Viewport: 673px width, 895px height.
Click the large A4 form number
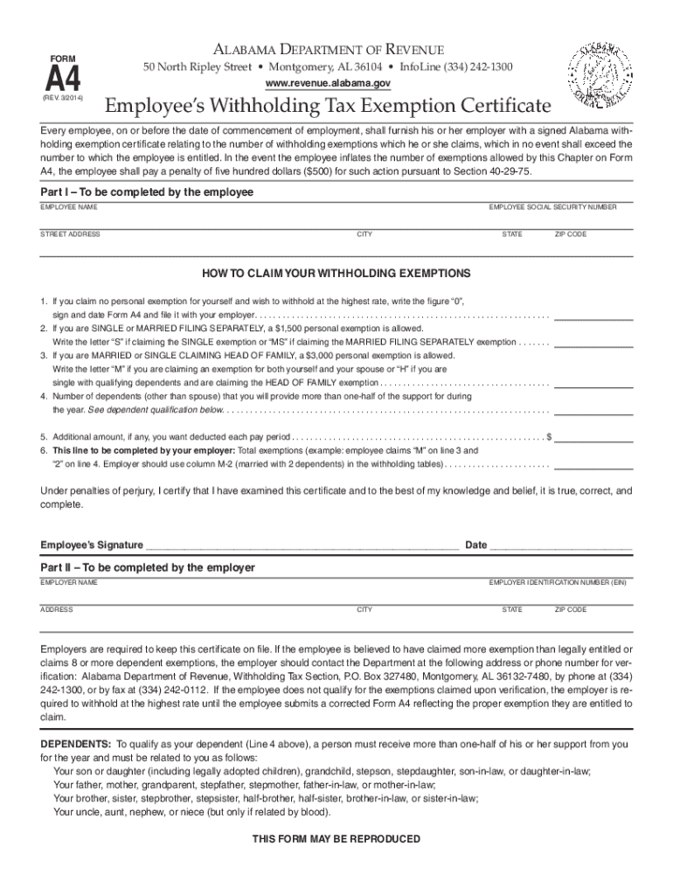click(x=63, y=80)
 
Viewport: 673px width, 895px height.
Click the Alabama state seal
click(x=604, y=74)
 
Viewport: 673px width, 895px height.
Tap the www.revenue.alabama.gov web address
click(x=327, y=83)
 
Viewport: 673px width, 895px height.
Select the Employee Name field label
click(x=69, y=207)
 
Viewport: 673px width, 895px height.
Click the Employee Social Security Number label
click(x=552, y=207)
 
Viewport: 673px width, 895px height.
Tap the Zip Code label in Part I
click(x=570, y=234)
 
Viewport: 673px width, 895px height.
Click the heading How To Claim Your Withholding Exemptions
click(x=336, y=273)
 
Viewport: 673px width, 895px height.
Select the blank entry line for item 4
click(x=593, y=411)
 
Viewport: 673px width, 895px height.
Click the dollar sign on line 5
click(x=548, y=435)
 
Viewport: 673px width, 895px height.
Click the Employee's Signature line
click(x=302, y=548)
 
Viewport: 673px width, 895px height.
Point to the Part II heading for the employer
click(x=148, y=568)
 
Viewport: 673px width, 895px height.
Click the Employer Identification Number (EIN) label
click(x=558, y=582)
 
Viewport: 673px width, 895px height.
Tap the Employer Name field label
click(x=69, y=582)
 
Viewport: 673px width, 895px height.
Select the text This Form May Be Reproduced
click(x=336, y=839)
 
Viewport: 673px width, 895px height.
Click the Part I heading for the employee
click(x=147, y=192)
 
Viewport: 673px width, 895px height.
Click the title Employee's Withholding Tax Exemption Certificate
click(x=329, y=107)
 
